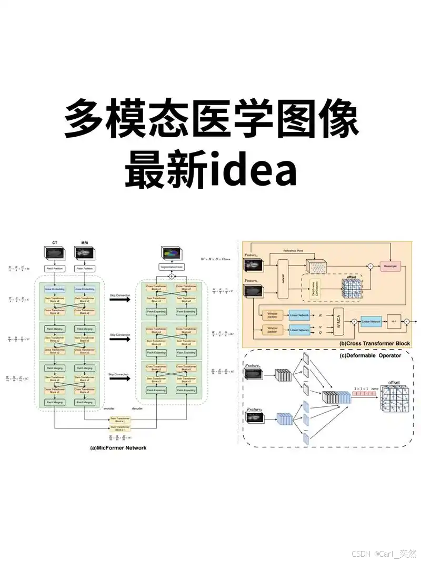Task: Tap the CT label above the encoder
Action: click(55, 242)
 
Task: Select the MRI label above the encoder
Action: click(85, 242)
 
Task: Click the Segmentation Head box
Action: click(171, 268)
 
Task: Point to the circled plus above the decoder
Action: click(171, 277)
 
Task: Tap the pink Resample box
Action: click(393, 267)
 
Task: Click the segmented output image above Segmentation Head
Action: click(171, 253)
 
